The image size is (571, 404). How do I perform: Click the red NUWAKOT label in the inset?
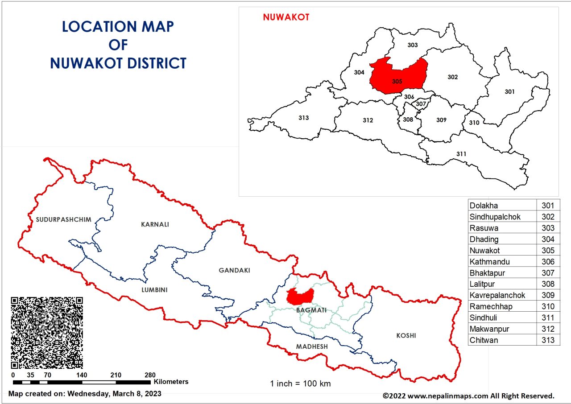286,17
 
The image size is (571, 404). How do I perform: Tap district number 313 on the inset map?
304,118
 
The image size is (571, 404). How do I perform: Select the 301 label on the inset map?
509,92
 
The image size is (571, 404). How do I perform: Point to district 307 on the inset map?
421,104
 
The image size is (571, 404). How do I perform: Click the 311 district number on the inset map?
461,154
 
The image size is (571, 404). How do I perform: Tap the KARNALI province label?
155,224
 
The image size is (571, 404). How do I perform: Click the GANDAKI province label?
234,270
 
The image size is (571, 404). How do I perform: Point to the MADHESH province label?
312,346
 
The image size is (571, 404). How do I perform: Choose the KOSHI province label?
406,335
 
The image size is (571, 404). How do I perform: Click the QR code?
47,333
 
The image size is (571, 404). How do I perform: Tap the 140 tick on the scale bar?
82,375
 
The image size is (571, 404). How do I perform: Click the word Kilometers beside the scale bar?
171,382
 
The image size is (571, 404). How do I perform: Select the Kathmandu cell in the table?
489,262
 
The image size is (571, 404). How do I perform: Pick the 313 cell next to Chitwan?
548,340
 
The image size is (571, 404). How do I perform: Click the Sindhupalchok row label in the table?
495,217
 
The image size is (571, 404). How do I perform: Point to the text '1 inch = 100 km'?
301,383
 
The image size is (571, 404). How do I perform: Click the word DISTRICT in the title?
151,63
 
